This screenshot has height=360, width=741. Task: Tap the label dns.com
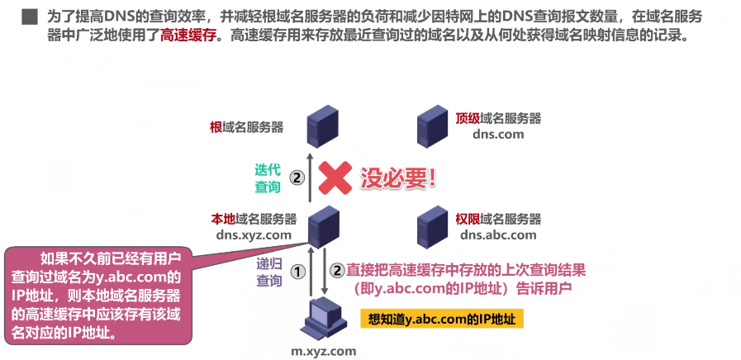(498, 135)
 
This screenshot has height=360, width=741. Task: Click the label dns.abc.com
(498, 234)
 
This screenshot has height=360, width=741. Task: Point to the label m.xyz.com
(323, 351)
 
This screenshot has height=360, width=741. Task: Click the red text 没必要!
(397, 176)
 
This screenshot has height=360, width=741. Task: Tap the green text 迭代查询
(268, 179)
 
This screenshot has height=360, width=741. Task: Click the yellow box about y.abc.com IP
(442, 319)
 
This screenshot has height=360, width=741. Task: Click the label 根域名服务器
(246, 127)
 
